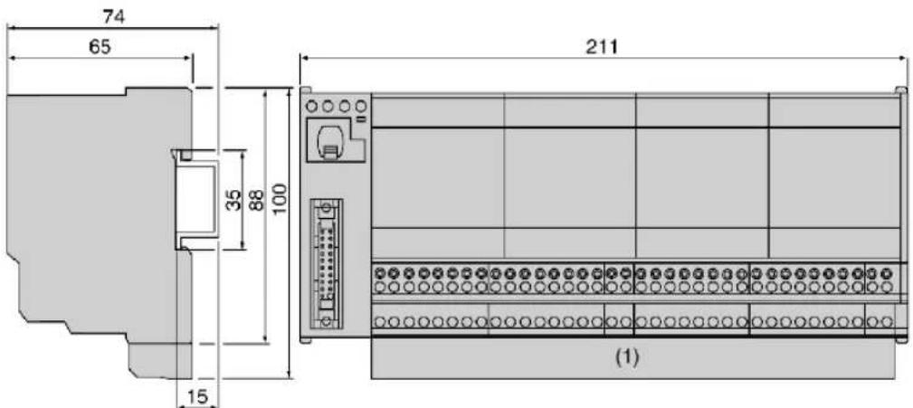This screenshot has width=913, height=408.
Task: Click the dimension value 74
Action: [114, 17]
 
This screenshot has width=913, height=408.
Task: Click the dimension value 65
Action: [100, 47]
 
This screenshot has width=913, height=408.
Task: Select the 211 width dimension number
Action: [602, 48]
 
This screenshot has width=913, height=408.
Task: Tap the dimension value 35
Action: [234, 200]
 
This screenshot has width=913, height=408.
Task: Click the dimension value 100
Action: [281, 198]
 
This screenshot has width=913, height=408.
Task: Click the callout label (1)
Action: [628, 356]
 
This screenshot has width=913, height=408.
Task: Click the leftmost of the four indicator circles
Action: [311, 106]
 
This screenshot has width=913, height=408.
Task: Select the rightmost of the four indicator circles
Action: [362, 106]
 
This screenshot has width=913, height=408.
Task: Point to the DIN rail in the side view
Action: [196, 200]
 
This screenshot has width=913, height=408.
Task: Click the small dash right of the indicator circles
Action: [361, 119]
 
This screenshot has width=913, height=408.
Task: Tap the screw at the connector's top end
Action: [327, 206]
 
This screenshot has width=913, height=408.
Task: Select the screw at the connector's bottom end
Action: [327, 322]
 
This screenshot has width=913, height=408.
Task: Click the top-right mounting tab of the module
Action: [900, 90]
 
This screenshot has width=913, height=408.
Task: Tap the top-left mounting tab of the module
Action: [306, 90]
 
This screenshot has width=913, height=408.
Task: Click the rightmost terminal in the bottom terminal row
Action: [887, 321]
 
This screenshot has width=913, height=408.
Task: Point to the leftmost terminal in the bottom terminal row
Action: [380, 321]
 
